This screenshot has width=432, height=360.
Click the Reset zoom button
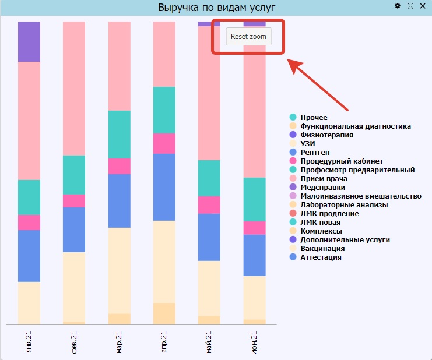click(248, 36)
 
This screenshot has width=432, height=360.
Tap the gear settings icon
click(397, 6)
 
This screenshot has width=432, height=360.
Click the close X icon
click(423, 6)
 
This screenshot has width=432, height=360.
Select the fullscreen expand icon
click(410, 6)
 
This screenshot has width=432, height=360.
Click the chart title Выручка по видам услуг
click(216, 8)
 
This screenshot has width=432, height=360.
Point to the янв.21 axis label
click(29, 342)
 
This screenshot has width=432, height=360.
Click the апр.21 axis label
click(164, 342)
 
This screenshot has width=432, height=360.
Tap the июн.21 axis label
click(254, 343)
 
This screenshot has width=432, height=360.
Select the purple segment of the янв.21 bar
click(29, 41)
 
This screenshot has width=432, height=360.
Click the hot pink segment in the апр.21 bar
click(164, 143)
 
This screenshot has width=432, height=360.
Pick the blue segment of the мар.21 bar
click(120, 201)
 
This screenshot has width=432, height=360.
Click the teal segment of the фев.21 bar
click(74, 175)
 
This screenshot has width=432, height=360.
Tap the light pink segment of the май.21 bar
click(209, 93)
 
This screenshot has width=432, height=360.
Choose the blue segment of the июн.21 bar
click(255, 255)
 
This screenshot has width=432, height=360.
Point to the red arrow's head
click(294, 65)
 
